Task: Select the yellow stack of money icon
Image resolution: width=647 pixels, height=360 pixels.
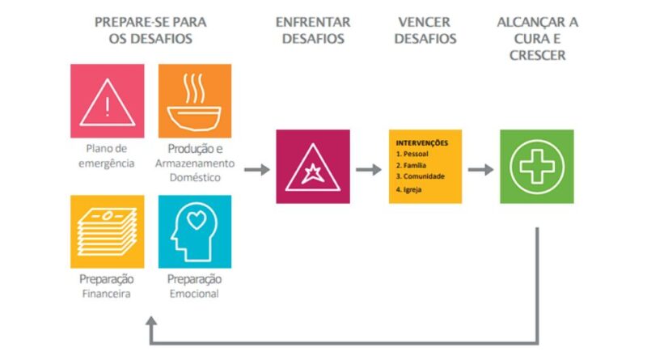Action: (108, 231)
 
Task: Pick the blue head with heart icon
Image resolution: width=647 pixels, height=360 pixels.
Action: (194, 231)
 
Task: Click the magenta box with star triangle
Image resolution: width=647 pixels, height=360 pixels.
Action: (313, 167)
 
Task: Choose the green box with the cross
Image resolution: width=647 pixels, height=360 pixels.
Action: (536, 167)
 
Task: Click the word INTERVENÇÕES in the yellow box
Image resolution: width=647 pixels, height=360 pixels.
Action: (422, 143)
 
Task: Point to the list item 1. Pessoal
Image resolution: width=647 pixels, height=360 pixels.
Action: (412, 153)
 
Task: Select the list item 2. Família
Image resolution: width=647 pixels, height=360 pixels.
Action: (412, 164)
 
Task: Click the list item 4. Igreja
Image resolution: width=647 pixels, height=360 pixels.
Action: (409, 189)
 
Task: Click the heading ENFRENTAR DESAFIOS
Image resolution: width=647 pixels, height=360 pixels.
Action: (314, 30)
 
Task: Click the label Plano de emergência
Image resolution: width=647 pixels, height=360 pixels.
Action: (108, 155)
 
